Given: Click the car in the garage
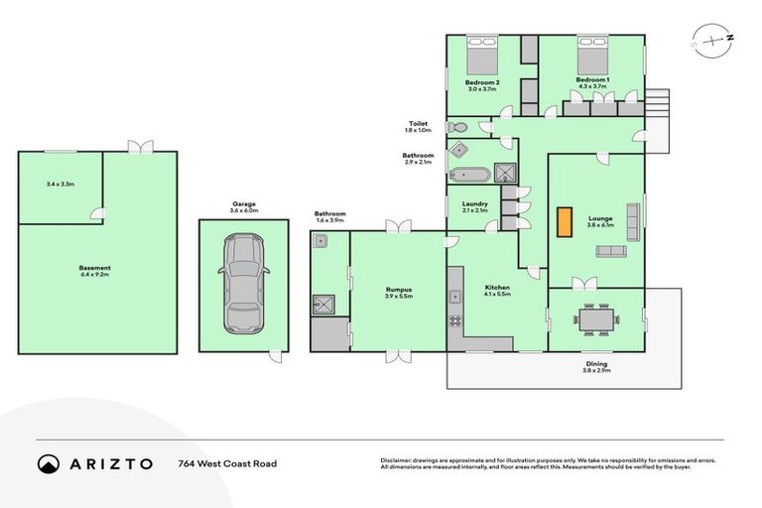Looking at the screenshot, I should click(243, 284).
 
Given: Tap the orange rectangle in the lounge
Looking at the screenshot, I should click(565, 221).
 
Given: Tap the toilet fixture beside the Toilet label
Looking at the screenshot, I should click(457, 127).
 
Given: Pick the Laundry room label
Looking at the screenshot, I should click(474, 203).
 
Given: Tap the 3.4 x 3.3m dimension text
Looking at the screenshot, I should click(61, 184).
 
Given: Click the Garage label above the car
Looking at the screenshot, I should click(243, 203).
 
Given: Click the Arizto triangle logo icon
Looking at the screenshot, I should click(48, 463).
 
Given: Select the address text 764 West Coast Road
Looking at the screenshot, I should click(226, 463).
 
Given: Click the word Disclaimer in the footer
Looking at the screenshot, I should click(396, 460).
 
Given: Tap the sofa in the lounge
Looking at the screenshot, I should click(610, 252).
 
